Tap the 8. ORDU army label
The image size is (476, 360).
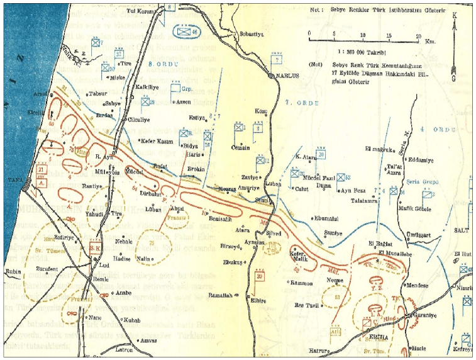(161, 64)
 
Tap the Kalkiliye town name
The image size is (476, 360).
(149, 87)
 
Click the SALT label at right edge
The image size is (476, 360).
(462, 231)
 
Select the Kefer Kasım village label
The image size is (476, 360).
(158, 141)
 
